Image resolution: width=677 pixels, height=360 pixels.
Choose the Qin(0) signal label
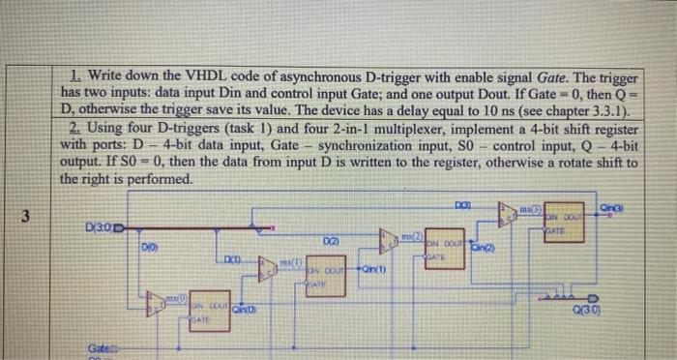(245, 309)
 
